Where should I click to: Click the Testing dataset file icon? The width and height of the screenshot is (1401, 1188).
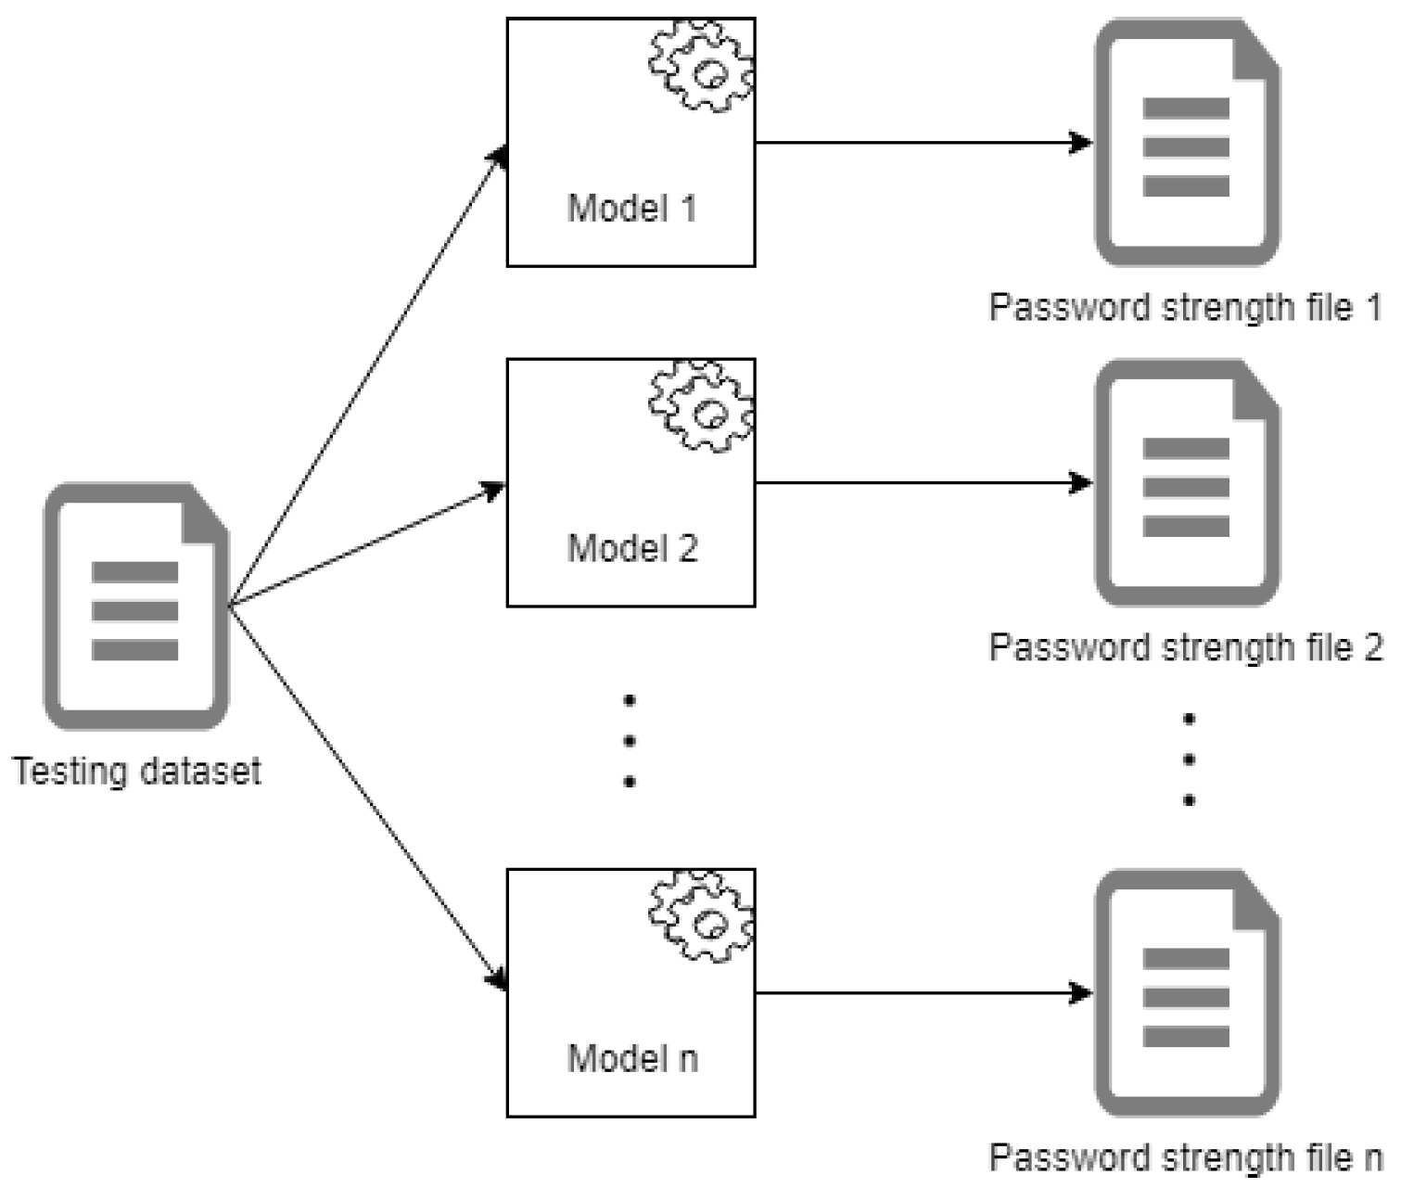[x=136, y=607]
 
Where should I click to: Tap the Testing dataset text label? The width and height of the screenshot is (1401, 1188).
[x=137, y=771]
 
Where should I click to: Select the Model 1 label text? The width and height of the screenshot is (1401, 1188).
[x=631, y=208]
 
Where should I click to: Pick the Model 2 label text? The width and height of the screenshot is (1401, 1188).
[x=631, y=548]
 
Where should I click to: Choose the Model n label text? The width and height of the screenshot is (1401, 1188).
[x=631, y=1058]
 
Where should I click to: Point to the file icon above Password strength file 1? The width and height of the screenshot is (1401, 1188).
[x=1187, y=144]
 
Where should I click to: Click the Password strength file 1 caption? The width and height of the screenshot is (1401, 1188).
[x=1185, y=307]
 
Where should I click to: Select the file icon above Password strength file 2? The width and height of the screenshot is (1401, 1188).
[x=1187, y=484]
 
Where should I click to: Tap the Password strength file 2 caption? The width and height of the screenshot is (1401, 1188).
[x=1185, y=647]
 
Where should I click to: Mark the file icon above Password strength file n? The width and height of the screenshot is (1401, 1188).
[x=1187, y=994]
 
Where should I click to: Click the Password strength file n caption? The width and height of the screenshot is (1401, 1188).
[x=1185, y=1157]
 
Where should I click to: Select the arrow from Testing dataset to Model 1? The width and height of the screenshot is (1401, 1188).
[x=367, y=376]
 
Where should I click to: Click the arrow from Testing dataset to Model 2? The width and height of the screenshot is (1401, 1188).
[x=367, y=545]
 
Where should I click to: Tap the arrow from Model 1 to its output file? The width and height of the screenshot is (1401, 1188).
[x=923, y=143]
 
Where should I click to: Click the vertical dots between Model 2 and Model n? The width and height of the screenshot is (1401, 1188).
[x=630, y=741]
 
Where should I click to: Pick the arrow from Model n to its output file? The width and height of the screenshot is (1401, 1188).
[x=923, y=993]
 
